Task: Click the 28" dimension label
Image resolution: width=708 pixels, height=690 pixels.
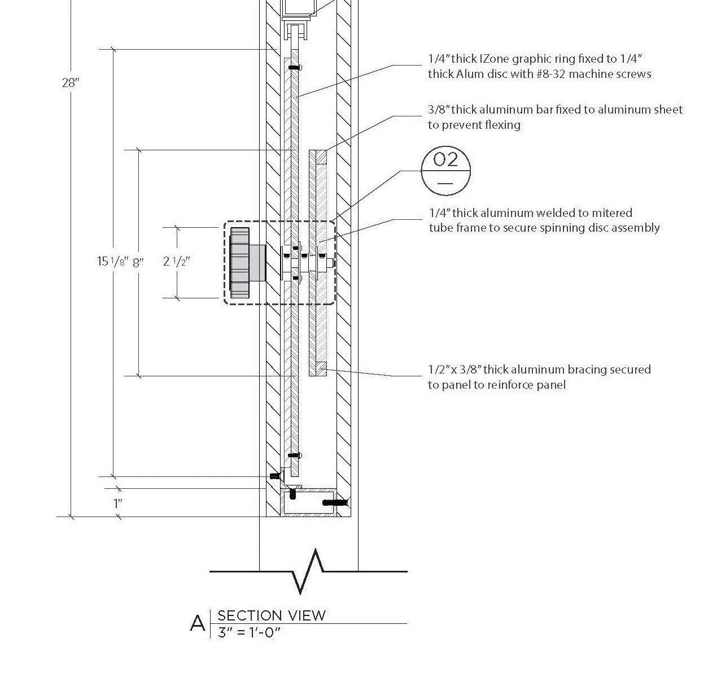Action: (x=71, y=83)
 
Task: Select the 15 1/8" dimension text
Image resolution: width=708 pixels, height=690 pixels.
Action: (x=110, y=262)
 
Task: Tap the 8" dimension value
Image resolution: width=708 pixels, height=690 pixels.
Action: (x=138, y=262)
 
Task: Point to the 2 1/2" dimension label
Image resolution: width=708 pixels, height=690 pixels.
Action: (x=176, y=262)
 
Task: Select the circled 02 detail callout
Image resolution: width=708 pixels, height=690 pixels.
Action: (x=445, y=170)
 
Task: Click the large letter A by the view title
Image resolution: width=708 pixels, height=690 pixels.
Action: (x=198, y=623)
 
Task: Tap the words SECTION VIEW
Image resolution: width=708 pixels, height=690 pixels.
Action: (x=272, y=615)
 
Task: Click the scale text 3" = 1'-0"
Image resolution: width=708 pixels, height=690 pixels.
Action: (x=249, y=632)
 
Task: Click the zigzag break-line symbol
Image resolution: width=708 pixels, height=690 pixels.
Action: (x=308, y=571)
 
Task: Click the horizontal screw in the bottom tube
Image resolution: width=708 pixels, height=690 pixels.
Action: (x=335, y=502)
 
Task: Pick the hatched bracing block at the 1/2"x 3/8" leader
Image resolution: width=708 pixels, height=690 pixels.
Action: (x=321, y=370)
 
